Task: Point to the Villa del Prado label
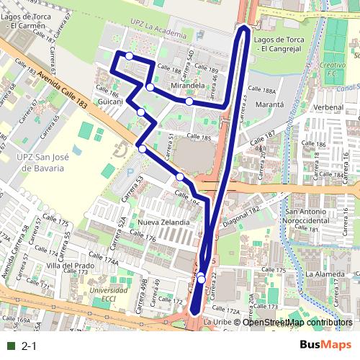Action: click(70, 266)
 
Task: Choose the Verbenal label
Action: click(328, 107)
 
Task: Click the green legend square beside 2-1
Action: click(10, 346)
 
